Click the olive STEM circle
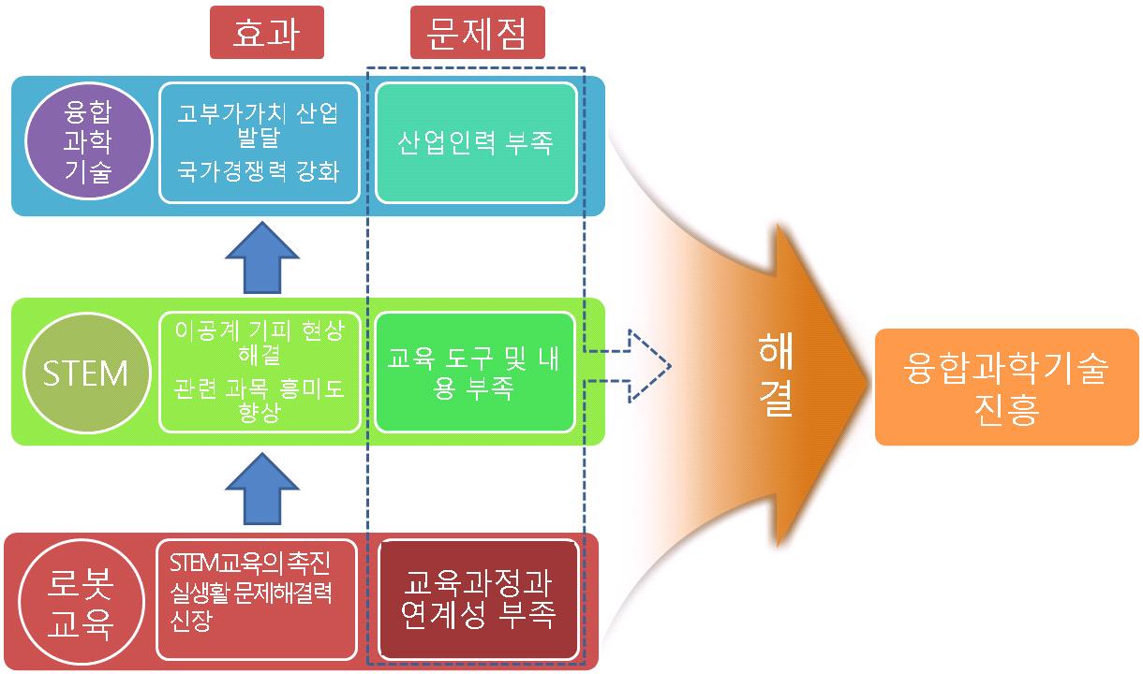85,373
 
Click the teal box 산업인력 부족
475,143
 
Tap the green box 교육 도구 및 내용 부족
474,374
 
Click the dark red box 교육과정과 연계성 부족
479,600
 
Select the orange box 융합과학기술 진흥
1006,388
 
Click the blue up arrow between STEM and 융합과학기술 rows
262,258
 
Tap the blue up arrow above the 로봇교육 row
262,488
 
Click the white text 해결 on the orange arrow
777,374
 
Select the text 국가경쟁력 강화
259,173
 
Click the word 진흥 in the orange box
1006,409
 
